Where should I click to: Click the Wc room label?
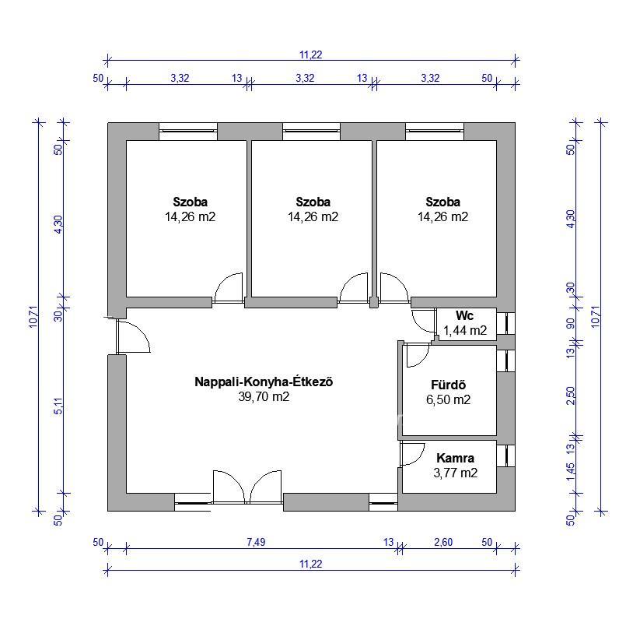point(464,315)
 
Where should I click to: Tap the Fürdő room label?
point(448,385)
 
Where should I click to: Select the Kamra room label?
point(455,458)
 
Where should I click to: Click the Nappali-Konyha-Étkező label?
point(264,382)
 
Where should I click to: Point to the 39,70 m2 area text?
point(264,396)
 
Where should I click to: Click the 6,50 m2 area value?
point(448,399)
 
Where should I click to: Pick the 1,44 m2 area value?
point(465,331)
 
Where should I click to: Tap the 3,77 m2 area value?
point(456,473)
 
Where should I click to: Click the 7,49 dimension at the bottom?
point(256,542)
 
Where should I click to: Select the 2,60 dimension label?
point(443,542)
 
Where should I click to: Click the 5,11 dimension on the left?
point(58,406)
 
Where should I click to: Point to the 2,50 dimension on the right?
point(571,396)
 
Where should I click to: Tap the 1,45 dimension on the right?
point(571,472)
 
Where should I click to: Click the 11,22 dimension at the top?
point(311,55)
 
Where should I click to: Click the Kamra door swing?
point(413,454)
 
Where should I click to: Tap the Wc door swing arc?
point(422,321)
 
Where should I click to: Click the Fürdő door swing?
point(418,356)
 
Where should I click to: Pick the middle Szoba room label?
point(313,202)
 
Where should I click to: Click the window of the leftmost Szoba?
point(188,131)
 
